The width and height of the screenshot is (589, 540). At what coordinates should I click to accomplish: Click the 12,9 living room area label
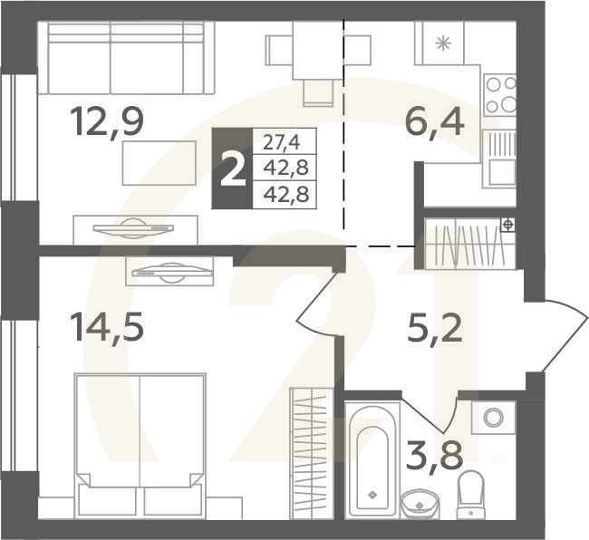(107, 121)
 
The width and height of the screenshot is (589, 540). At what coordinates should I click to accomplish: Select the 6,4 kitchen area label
(435, 121)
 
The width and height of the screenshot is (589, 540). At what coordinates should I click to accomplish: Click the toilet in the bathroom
(470, 494)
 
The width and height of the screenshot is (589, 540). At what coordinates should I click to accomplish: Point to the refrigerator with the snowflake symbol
(443, 43)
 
